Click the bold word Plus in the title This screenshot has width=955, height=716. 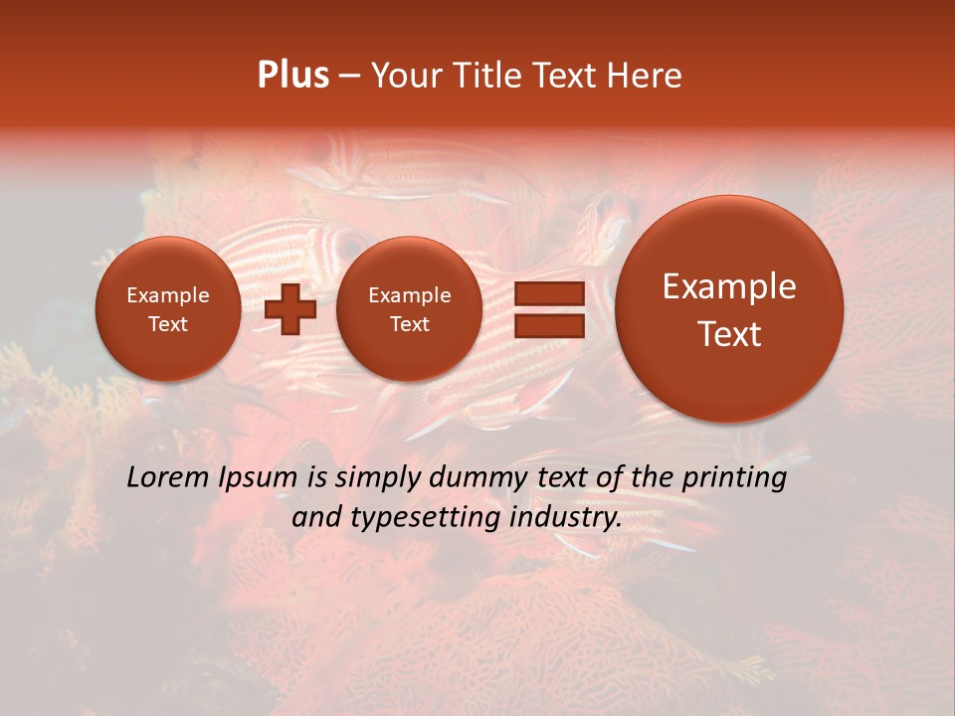click(x=292, y=76)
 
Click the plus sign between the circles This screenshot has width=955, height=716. click(x=290, y=308)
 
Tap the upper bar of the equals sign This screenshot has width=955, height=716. click(x=548, y=294)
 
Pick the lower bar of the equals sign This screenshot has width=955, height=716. click(x=548, y=324)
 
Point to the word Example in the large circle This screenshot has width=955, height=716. click(x=729, y=286)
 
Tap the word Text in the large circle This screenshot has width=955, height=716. click(x=729, y=334)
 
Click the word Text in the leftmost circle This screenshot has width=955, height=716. click(x=167, y=324)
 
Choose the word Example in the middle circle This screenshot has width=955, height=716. click(x=409, y=295)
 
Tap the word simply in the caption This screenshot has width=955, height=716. click(x=377, y=478)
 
